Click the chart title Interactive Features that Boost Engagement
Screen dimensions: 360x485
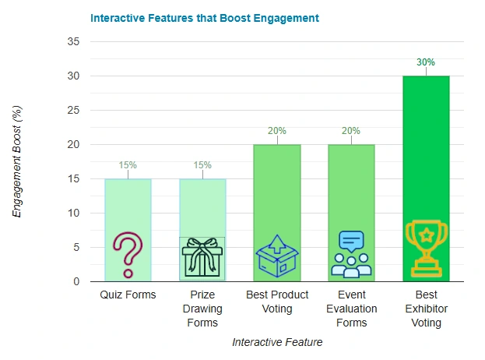[x=205, y=17]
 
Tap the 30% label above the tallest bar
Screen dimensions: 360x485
[x=426, y=62]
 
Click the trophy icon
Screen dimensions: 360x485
[x=426, y=249]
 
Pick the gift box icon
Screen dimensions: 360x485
[x=202, y=256]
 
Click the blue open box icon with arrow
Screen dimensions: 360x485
[x=277, y=256]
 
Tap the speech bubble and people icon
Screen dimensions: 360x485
[x=351, y=254]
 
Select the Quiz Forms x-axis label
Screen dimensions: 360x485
[x=128, y=295]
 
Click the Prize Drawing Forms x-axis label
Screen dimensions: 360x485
[x=202, y=308]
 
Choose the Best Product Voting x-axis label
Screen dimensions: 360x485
[x=277, y=302]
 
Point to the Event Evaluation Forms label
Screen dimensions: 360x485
[x=352, y=308]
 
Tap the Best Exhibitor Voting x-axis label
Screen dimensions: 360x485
[x=426, y=308]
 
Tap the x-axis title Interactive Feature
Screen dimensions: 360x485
[x=277, y=341]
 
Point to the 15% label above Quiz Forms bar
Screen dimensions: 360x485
[x=128, y=165]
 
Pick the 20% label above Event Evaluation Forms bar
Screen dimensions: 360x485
[x=351, y=131]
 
